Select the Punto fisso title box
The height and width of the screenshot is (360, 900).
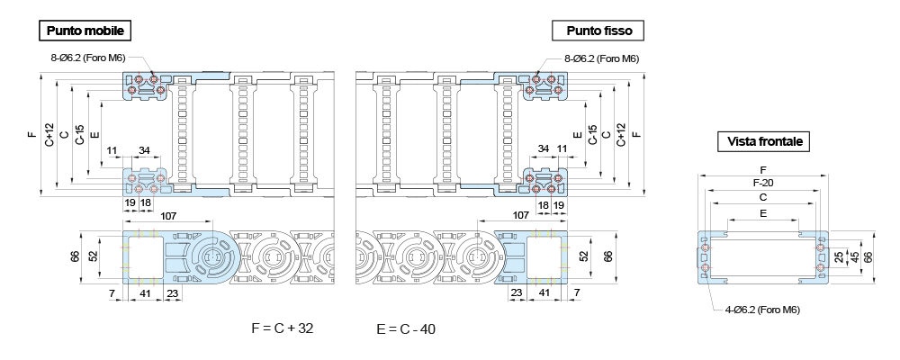pyautogui.click(x=598, y=31)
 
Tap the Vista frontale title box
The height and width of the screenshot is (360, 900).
pyautogui.click(x=764, y=141)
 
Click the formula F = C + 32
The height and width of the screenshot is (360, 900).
pyautogui.click(x=283, y=328)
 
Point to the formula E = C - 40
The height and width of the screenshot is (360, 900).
pyautogui.click(x=406, y=329)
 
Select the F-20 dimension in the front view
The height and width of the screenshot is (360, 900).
pyautogui.click(x=763, y=183)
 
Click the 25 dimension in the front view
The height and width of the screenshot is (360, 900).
pyautogui.click(x=839, y=256)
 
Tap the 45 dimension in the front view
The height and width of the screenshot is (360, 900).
pyautogui.click(x=853, y=256)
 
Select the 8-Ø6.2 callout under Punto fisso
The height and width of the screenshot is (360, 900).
pyautogui.click(x=601, y=58)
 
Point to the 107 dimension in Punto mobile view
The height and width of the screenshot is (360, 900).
pyautogui.click(x=167, y=215)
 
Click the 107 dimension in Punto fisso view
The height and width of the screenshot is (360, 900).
pyautogui.click(x=520, y=215)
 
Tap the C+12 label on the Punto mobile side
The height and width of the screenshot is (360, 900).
pyautogui.click(x=49, y=135)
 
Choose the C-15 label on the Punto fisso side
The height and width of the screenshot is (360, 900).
pyautogui.click(x=591, y=135)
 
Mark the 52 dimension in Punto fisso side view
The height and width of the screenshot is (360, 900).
pyautogui.click(x=583, y=256)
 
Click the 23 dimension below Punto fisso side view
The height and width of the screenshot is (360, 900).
pyautogui.click(x=517, y=293)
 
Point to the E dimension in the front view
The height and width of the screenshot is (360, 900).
pyautogui.click(x=763, y=214)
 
